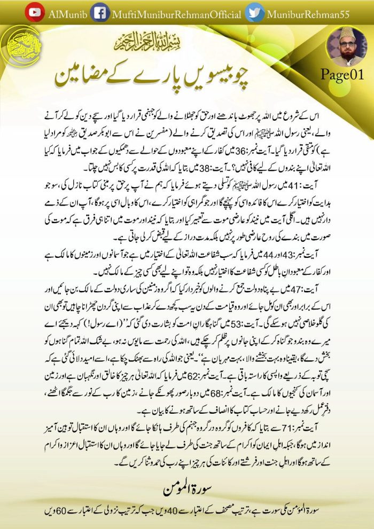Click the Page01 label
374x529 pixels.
[x=342, y=75]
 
